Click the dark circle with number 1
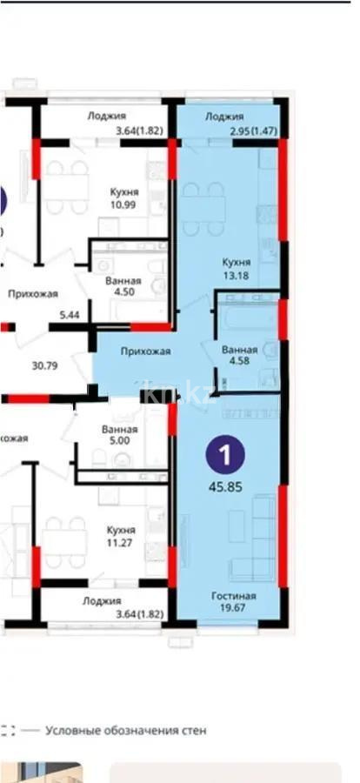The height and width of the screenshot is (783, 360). [225, 454]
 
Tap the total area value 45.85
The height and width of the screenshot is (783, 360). [225, 486]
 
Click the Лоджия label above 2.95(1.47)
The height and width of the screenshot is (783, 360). [224, 116]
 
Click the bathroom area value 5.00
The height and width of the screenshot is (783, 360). [120, 441]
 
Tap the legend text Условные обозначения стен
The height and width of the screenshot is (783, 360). [126, 731]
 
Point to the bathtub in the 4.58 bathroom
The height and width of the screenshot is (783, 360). [244, 313]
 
